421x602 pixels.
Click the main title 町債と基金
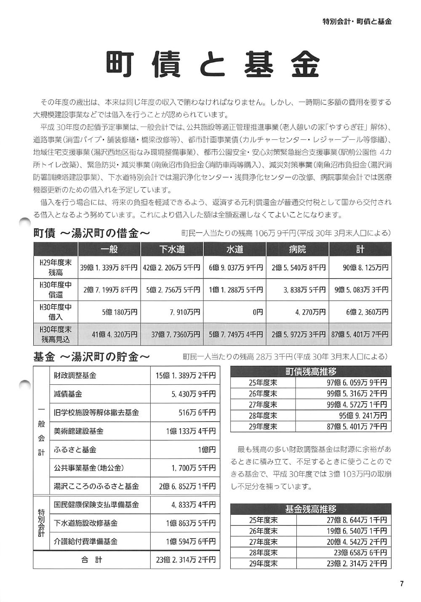point(212,64)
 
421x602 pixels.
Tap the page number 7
point(402,583)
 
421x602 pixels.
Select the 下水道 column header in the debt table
point(172,249)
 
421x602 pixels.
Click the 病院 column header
point(297,249)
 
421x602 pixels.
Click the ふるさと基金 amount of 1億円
point(207,450)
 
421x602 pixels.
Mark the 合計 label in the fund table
point(92,560)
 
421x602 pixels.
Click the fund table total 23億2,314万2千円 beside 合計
point(186,560)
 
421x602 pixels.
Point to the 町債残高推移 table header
point(311,372)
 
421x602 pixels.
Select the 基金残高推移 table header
point(311,509)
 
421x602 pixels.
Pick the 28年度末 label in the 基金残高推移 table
point(263,552)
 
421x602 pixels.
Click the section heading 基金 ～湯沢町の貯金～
point(91,357)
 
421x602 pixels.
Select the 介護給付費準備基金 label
point(85,541)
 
